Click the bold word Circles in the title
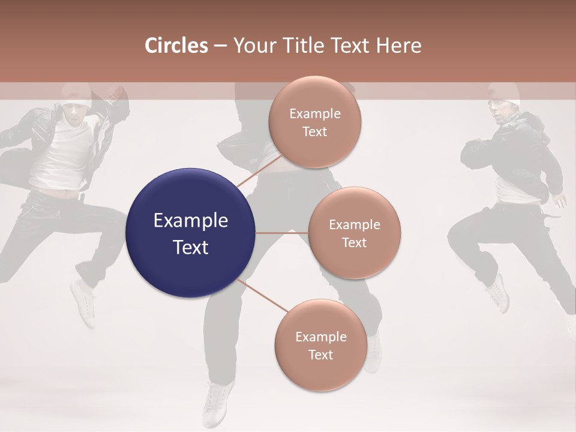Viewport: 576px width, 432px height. point(176,46)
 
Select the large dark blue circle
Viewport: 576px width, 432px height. point(191,233)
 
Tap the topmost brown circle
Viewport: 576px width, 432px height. point(315,122)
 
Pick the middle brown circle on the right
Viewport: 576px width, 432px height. point(354,233)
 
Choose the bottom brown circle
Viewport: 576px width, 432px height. point(320,345)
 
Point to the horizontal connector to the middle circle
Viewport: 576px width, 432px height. point(282,233)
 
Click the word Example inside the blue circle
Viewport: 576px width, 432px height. point(191,220)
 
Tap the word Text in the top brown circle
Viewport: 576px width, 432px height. point(314,131)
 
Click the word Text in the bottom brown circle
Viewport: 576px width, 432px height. point(320,355)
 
